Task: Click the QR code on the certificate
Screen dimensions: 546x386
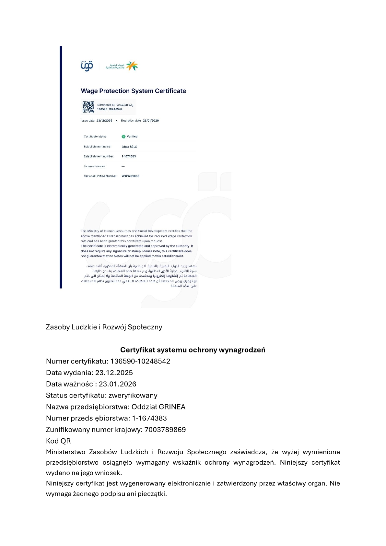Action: click(88, 107)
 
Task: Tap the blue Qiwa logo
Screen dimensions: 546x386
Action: click(87, 66)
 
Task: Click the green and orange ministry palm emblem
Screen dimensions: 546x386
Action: click(132, 66)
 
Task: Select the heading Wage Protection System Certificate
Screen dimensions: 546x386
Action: click(133, 91)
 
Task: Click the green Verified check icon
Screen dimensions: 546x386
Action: click(123, 136)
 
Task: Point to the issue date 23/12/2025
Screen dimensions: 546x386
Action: click(104, 121)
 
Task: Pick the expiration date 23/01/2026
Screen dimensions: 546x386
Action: click(151, 121)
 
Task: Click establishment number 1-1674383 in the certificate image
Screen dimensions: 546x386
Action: click(129, 156)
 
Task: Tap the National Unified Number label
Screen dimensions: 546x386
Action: click(100, 176)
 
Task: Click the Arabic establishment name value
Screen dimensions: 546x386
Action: click(129, 147)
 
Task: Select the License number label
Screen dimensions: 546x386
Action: click(95, 166)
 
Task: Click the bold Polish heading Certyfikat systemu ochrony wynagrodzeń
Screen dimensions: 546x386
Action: click(193, 350)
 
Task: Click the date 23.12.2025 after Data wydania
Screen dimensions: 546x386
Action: click(114, 373)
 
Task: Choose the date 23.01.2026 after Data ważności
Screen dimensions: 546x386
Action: click(117, 384)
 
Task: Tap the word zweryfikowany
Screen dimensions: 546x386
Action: click(133, 396)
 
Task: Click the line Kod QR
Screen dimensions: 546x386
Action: click(58, 441)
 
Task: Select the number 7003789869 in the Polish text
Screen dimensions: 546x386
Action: click(165, 430)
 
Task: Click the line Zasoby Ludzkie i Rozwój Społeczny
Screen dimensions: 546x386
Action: click(104, 327)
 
